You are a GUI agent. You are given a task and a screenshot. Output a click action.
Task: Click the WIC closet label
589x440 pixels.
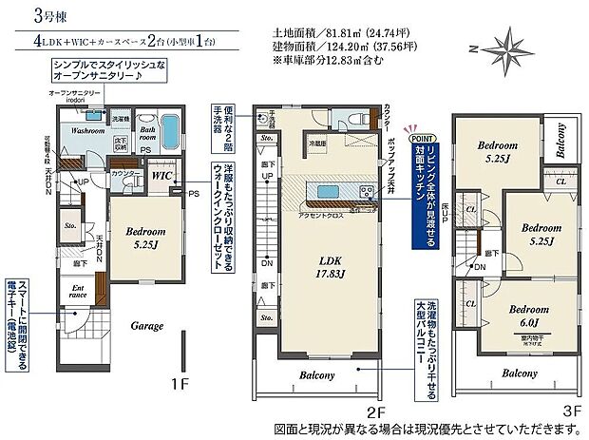pyautogui.click(x=160, y=175)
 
